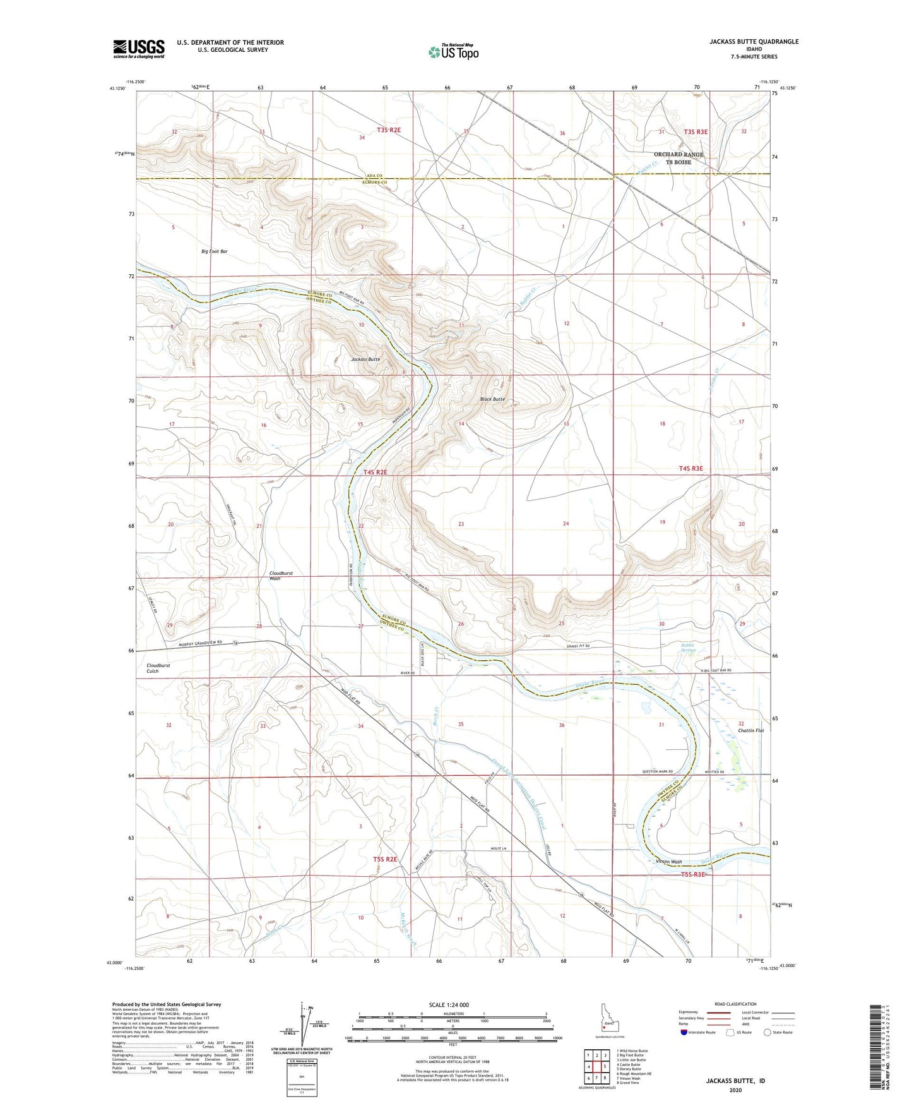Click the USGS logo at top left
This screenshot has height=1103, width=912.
(x=139, y=49)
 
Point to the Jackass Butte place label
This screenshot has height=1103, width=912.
(x=365, y=359)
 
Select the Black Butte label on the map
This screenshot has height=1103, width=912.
(x=492, y=399)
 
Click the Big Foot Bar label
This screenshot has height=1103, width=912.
(x=215, y=251)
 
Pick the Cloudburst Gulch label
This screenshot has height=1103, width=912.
(x=158, y=668)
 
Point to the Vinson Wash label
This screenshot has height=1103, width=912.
(x=669, y=862)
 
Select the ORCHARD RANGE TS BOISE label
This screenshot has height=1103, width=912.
(x=678, y=158)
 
